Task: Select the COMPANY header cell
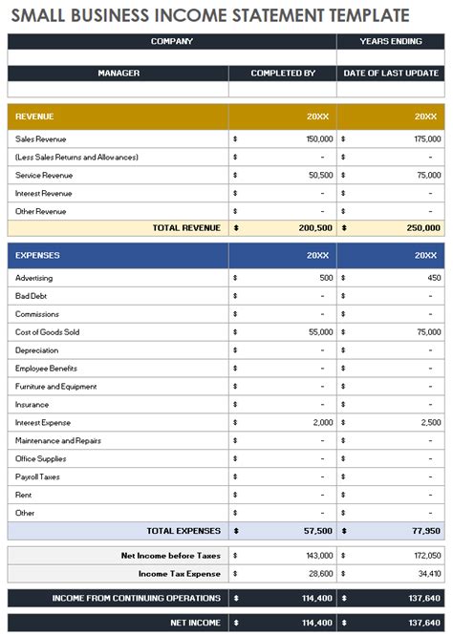[x=172, y=41]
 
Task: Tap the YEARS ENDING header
[x=390, y=41]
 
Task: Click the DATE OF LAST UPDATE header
[x=390, y=73]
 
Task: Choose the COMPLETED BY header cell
[x=283, y=73]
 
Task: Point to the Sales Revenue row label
[x=40, y=138]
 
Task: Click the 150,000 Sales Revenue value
[x=319, y=138]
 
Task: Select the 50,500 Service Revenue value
[x=320, y=175]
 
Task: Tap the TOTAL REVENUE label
[x=186, y=228]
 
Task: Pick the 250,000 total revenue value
[x=426, y=228]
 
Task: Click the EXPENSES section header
[x=37, y=256]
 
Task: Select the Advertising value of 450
[x=434, y=278]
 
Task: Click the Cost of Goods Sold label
[x=48, y=332]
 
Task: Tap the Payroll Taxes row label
[x=37, y=476]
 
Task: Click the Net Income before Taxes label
[x=171, y=555]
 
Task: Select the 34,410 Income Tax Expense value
[x=428, y=574]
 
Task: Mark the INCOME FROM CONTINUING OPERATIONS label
[x=137, y=599]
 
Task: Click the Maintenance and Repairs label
[x=58, y=440]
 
